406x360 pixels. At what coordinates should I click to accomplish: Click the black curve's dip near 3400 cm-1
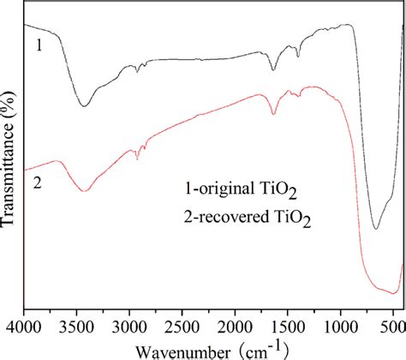click(84, 105)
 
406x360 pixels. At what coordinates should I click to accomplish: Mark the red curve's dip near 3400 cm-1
click(84, 190)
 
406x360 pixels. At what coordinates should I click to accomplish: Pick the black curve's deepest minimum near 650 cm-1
click(375, 228)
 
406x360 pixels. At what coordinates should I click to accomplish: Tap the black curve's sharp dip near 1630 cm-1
click(274, 70)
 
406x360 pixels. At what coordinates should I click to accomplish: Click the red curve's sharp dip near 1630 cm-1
click(274, 113)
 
